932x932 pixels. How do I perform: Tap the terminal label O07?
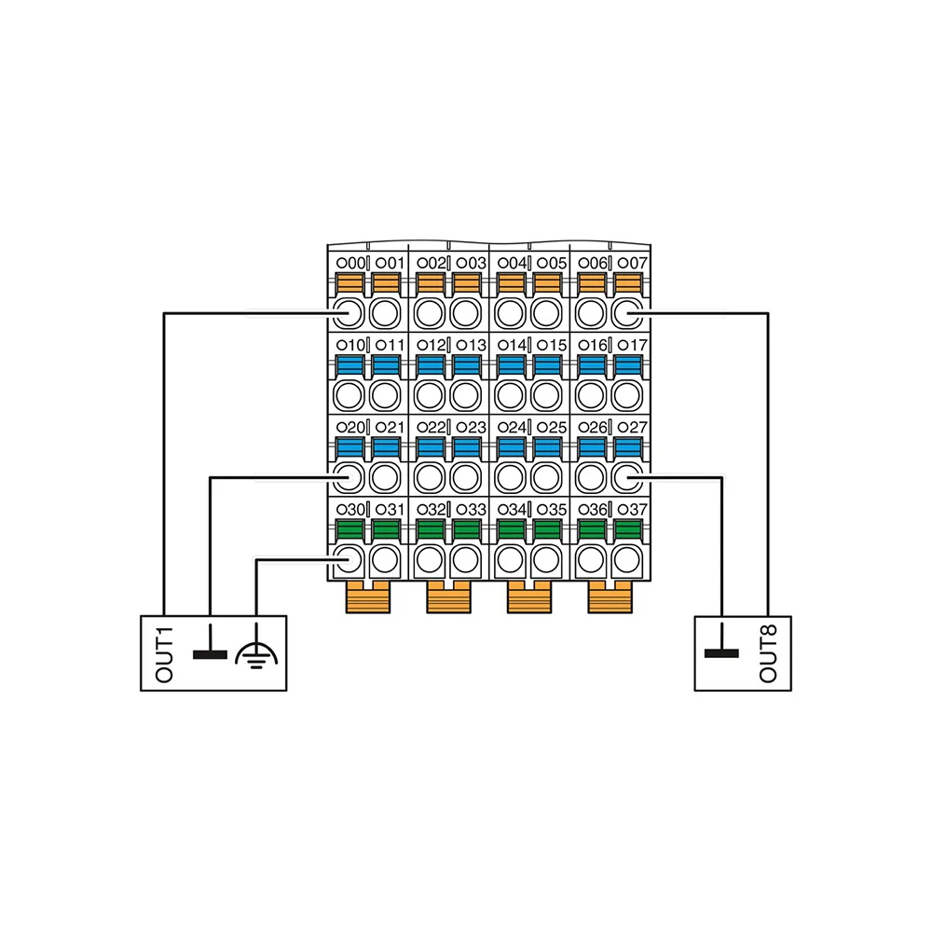point(633,263)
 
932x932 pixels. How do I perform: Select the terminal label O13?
point(472,346)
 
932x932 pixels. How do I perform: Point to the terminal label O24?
point(512,428)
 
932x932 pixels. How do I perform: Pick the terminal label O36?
point(592,510)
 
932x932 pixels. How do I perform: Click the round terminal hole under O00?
point(349,310)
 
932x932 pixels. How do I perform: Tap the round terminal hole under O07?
point(628,310)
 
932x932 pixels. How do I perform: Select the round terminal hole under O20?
point(349,477)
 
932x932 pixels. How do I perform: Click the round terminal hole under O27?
point(628,477)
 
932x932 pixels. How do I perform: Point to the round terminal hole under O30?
point(349,560)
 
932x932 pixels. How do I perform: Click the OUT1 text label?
point(165,656)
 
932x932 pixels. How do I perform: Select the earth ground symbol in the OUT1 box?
point(253,655)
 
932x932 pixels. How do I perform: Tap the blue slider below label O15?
point(547,364)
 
